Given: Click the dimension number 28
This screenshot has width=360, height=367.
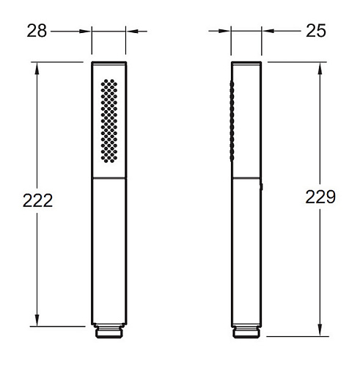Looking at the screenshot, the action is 37,31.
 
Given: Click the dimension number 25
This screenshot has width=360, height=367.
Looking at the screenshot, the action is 316,31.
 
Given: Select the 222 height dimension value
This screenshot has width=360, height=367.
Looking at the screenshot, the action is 37,200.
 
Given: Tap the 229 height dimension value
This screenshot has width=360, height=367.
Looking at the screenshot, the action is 320,197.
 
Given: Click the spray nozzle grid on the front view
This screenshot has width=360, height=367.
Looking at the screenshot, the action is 109,121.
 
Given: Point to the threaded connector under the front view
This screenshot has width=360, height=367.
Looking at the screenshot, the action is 109,331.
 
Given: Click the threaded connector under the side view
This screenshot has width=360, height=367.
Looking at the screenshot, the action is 246,331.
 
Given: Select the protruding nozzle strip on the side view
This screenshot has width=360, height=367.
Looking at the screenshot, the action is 232,121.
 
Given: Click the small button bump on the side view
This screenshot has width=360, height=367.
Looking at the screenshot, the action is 262,187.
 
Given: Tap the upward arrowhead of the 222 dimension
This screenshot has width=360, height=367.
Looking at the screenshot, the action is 37,69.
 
